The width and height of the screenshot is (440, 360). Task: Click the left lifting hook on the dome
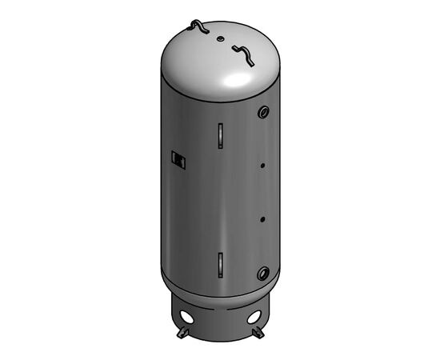coord(198,28)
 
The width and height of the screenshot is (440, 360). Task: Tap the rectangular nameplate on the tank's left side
coord(179,160)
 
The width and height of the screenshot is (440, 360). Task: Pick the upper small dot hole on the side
coord(262,167)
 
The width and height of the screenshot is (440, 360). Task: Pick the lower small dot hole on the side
coord(262,218)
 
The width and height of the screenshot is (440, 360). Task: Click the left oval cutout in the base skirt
coord(186,314)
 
